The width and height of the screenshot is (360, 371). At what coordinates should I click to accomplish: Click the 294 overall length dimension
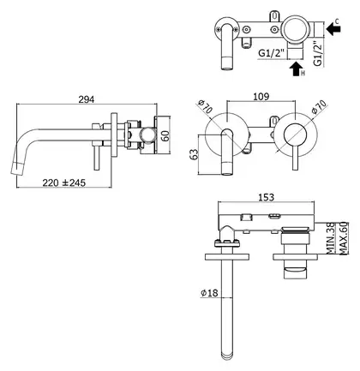pyautogui.click(x=86, y=99)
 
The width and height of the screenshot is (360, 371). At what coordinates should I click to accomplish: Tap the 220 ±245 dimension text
pyautogui.click(x=64, y=183)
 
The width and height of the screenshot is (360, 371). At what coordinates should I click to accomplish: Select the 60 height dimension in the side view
pyautogui.click(x=165, y=135)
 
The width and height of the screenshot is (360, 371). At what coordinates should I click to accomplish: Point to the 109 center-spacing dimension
pyautogui.click(x=261, y=97)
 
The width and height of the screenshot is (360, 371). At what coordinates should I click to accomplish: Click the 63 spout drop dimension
pyautogui.click(x=195, y=154)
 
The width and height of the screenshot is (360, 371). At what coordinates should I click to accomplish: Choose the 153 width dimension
pyautogui.click(x=266, y=197)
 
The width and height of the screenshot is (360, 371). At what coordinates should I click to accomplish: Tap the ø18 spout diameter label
pyautogui.click(x=209, y=293)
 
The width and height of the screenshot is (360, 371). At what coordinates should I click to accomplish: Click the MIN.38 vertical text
pyautogui.click(x=331, y=238)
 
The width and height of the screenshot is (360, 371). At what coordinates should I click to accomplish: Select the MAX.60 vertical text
pyautogui.click(x=343, y=238)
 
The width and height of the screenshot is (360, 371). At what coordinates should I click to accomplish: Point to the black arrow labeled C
pyautogui.click(x=333, y=29)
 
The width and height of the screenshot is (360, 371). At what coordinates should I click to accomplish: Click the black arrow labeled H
pyautogui.click(x=296, y=69)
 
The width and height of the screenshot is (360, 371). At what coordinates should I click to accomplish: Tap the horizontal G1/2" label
pyautogui.click(x=272, y=53)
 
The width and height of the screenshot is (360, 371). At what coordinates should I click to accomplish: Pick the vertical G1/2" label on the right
pyautogui.click(x=318, y=54)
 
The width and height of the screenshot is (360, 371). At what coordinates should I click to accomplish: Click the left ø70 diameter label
pyautogui.click(x=206, y=106)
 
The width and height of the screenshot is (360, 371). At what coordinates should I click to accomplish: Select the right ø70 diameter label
pyautogui.click(x=319, y=107)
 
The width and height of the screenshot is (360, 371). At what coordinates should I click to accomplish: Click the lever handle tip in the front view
pyautogui.click(x=296, y=169)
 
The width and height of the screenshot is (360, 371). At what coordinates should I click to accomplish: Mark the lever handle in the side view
pyautogui.click(x=96, y=156)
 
